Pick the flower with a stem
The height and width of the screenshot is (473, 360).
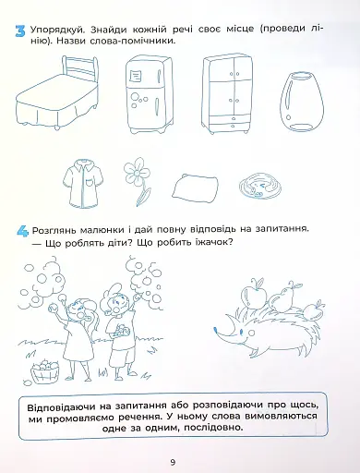click(x=139, y=179)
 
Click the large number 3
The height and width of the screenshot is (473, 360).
click(x=19, y=35)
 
